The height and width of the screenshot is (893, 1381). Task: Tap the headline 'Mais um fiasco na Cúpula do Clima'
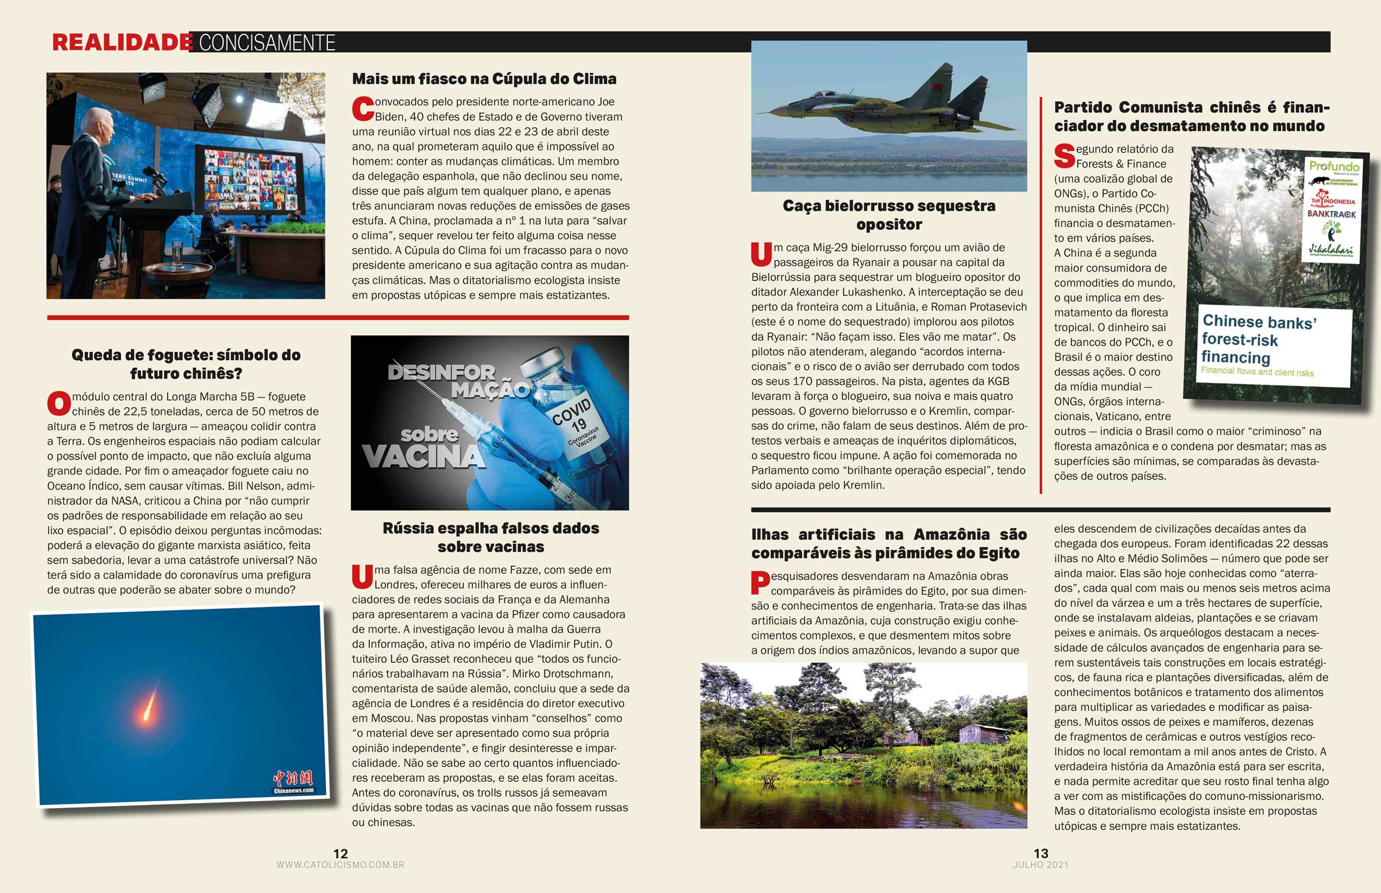[484, 79]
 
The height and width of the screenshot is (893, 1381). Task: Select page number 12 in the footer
[341, 853]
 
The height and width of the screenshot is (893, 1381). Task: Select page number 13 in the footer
[1040, 853]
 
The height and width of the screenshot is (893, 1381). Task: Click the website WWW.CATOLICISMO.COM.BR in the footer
[340, 864]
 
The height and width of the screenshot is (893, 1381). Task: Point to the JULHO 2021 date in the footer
[1040, 864]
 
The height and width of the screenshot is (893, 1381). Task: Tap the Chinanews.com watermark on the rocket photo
[294, 783]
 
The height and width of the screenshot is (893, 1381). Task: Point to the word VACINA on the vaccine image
[424, 457]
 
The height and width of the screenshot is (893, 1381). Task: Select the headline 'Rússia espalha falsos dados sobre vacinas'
[490, 537]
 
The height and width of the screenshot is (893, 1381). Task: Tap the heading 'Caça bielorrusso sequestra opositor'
[889, 215]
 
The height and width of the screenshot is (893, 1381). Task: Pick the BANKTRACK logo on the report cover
[1331, 214]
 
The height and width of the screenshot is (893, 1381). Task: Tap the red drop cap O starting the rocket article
[59, 404]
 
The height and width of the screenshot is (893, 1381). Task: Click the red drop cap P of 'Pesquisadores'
[760, 583]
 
